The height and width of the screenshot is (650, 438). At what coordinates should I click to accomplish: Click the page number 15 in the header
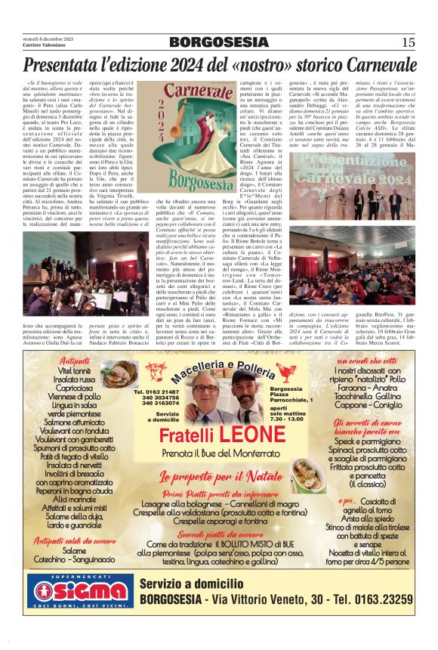pyautogui.click(x=409, y=42)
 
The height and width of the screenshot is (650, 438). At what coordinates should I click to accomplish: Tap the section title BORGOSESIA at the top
pyautogui.click(x=218, y=42)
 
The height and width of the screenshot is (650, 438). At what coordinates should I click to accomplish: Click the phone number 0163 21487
pyautogui.click(x=156, y=392)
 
